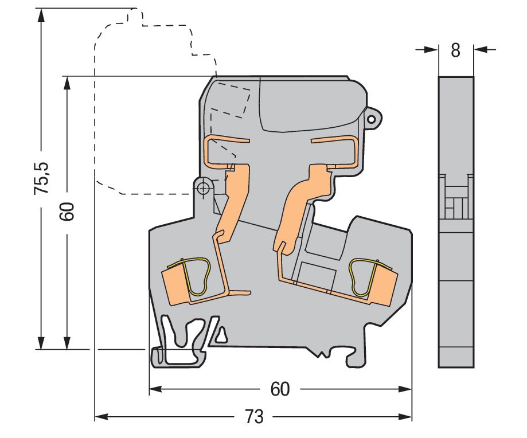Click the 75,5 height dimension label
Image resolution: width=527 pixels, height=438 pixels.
[41, 178]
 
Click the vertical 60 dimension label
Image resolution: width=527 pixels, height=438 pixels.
[67, 212]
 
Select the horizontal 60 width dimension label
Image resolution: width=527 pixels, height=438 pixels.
[280, 389]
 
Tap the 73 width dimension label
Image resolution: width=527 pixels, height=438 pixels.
[254, 417]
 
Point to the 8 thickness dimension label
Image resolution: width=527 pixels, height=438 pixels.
[455, 50]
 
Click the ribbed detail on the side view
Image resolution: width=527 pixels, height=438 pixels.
[456, 198]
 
